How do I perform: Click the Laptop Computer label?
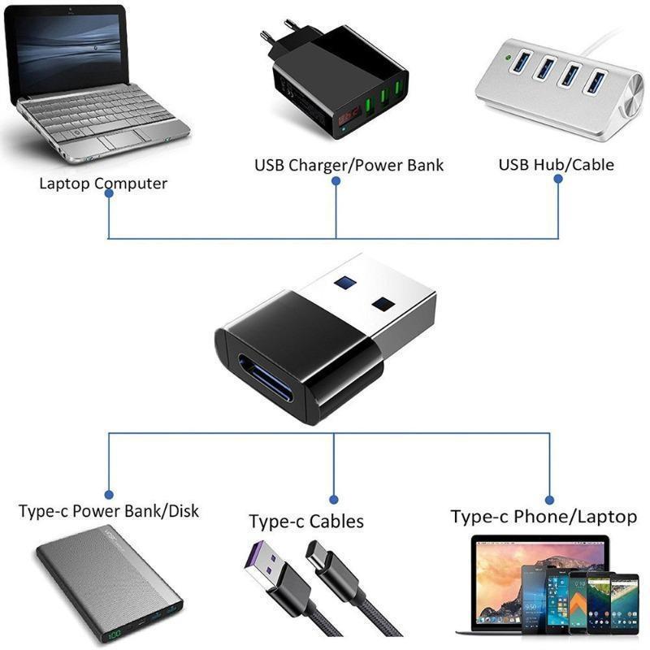103,183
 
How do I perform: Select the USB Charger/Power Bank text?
349,165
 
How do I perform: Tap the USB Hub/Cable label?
556,165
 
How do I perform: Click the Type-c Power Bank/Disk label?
108,511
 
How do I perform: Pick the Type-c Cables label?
306,521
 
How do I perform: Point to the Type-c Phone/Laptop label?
544,517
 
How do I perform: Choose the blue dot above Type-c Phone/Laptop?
549,500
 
